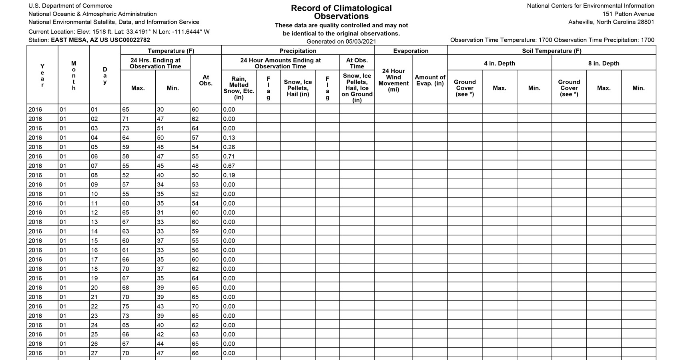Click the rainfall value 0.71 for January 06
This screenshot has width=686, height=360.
point(229,156)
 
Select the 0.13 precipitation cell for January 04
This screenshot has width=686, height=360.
point(229,138)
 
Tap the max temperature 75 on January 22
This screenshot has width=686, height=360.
point(126,306)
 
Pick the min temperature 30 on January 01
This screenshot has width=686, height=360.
point(160,110)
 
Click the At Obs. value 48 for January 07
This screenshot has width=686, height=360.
point(195,166)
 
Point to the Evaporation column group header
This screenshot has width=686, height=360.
point(411,51)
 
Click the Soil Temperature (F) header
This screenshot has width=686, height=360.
point(551,51)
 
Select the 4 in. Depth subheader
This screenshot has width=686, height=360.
point(499,63)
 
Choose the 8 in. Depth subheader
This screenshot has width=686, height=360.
point(604,63)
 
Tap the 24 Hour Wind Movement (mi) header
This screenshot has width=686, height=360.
point(393,80)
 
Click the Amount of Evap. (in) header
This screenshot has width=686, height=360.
point(430,80)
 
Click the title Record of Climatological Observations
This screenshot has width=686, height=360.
point(341,12)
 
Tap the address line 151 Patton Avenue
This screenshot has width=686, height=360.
point(628,14)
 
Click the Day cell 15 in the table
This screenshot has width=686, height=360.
point(94,241)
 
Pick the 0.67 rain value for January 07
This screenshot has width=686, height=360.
point(229,166)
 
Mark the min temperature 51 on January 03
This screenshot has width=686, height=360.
point(160,128)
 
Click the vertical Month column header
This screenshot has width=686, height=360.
point(74,76)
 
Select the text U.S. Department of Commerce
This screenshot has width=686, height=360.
point(70,6)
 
